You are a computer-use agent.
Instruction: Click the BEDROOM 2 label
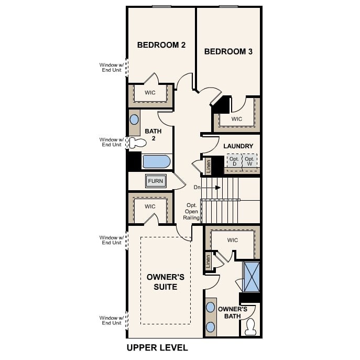coord(161,45)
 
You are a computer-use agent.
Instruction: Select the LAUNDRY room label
coord(238,146)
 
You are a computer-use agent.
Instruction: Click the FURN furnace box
coord(156,181)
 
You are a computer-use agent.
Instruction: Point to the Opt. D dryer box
coord(234,161)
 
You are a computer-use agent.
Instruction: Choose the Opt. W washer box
coord(250,161)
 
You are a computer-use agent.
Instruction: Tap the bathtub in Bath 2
coord(156,161)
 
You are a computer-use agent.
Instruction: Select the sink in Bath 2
coord(135,119)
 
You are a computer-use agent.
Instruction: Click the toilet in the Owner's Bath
coord(250,326)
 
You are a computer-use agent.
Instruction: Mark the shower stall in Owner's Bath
coord(252,277)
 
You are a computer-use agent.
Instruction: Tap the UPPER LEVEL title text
coord(157,347)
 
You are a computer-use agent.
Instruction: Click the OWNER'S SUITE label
coord(161,282)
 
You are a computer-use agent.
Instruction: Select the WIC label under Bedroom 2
coord(150,93)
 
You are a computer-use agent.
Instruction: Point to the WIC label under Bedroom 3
coord(237,119)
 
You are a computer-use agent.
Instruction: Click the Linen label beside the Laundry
coord(208,165)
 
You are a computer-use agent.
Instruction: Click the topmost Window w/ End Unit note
coord(111,68)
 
